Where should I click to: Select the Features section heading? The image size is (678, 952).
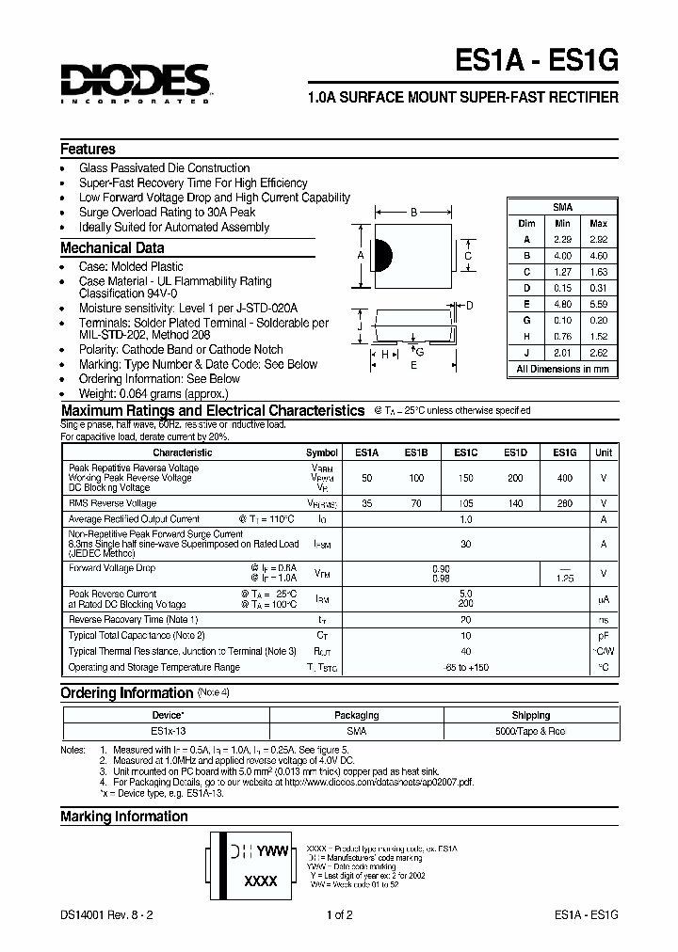tap(88, 150)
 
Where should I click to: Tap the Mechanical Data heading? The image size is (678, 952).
tap(112, 248)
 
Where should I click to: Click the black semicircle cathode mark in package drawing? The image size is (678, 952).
tap(382, 255)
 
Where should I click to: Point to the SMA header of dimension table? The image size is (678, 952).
tap(562, 207)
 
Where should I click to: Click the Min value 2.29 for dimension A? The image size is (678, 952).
tap(563, 240)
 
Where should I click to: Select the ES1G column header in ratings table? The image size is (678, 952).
tap(564, 452)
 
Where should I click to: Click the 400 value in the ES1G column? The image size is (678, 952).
tap(564, 478)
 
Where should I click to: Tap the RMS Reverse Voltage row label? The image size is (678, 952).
tap(112, 503)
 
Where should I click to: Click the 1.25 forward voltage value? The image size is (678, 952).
tap(564, 579)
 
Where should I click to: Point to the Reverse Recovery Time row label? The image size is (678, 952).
tap(133, 620)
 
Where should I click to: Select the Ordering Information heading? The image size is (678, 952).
tap(126, 693)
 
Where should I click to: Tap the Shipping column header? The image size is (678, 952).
tap(531, 715)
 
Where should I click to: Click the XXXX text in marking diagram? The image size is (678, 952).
tap(261, 881)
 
